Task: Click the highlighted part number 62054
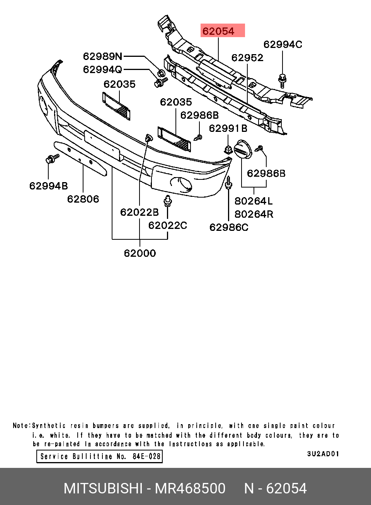tap(219, 31)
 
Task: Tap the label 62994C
tap(283, 44)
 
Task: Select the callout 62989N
tap(102, 56)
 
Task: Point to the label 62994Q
tap(102, 70)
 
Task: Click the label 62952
tap(247, 58)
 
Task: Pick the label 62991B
tap(228, 128)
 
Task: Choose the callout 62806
tap(83, 199)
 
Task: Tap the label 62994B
tap(48, 186)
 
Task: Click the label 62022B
tap(139, 212)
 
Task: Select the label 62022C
tap(167, 225)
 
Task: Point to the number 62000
tap(140, 253)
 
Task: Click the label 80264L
tap(254, 201)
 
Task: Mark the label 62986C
tap(229, 227)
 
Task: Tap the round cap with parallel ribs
tap(243, 150)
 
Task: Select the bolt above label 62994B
tap(52, 158)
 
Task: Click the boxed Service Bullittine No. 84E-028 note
tap(99, 456)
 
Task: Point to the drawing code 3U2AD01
tap(323, 454)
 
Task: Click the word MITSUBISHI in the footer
tap(103, 488)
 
